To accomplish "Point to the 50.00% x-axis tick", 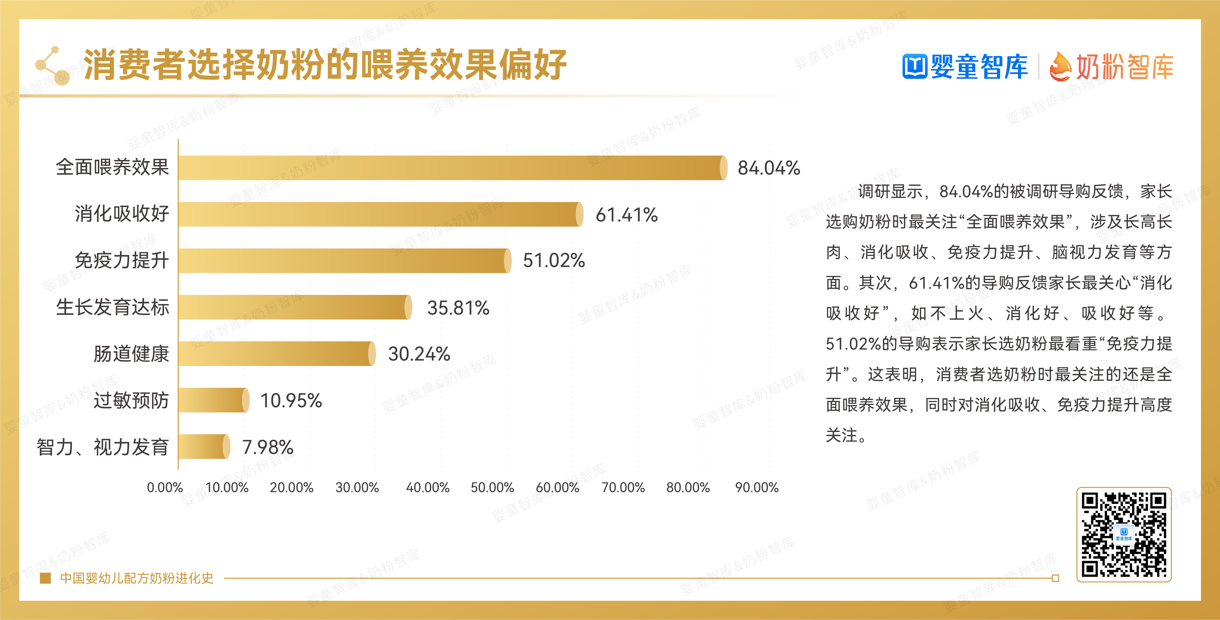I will click(492, 487).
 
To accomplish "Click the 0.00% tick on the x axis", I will click(164, 487).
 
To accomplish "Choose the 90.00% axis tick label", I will click(756, 487).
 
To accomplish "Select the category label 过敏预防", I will click(131, 400).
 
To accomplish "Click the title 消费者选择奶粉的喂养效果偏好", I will click(325, 65).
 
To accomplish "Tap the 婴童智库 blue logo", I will click(965, 66).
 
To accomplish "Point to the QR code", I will click(1123, 534).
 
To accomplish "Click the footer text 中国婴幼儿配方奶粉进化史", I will click(136, 578).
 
